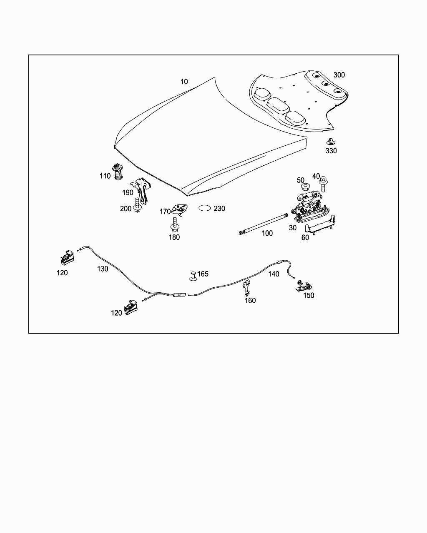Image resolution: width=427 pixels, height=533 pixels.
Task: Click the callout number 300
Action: [339, 75]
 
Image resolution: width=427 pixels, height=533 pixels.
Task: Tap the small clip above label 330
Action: [330, 142]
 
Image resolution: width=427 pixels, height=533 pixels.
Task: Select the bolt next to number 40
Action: [323, 184]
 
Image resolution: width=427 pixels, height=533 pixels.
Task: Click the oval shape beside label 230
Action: [205, 208]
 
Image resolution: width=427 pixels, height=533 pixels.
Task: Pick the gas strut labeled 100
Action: [263, 224]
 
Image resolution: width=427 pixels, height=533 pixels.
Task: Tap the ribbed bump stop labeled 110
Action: [118, 172]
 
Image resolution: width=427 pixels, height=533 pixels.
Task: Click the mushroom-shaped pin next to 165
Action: [193, 276]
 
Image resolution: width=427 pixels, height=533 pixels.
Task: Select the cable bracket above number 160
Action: [246, 288]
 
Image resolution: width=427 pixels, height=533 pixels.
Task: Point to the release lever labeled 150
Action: [304, 285]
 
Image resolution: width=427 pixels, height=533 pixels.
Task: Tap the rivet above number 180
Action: [175, 224]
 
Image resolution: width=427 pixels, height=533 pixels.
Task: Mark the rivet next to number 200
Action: [137, 205]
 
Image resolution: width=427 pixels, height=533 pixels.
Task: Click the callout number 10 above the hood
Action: [184, 82]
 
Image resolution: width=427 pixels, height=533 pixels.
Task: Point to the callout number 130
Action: [103, 269]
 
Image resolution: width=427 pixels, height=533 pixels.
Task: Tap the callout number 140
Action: [274, 274]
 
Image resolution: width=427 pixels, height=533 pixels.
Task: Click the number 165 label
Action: [203, 274]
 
